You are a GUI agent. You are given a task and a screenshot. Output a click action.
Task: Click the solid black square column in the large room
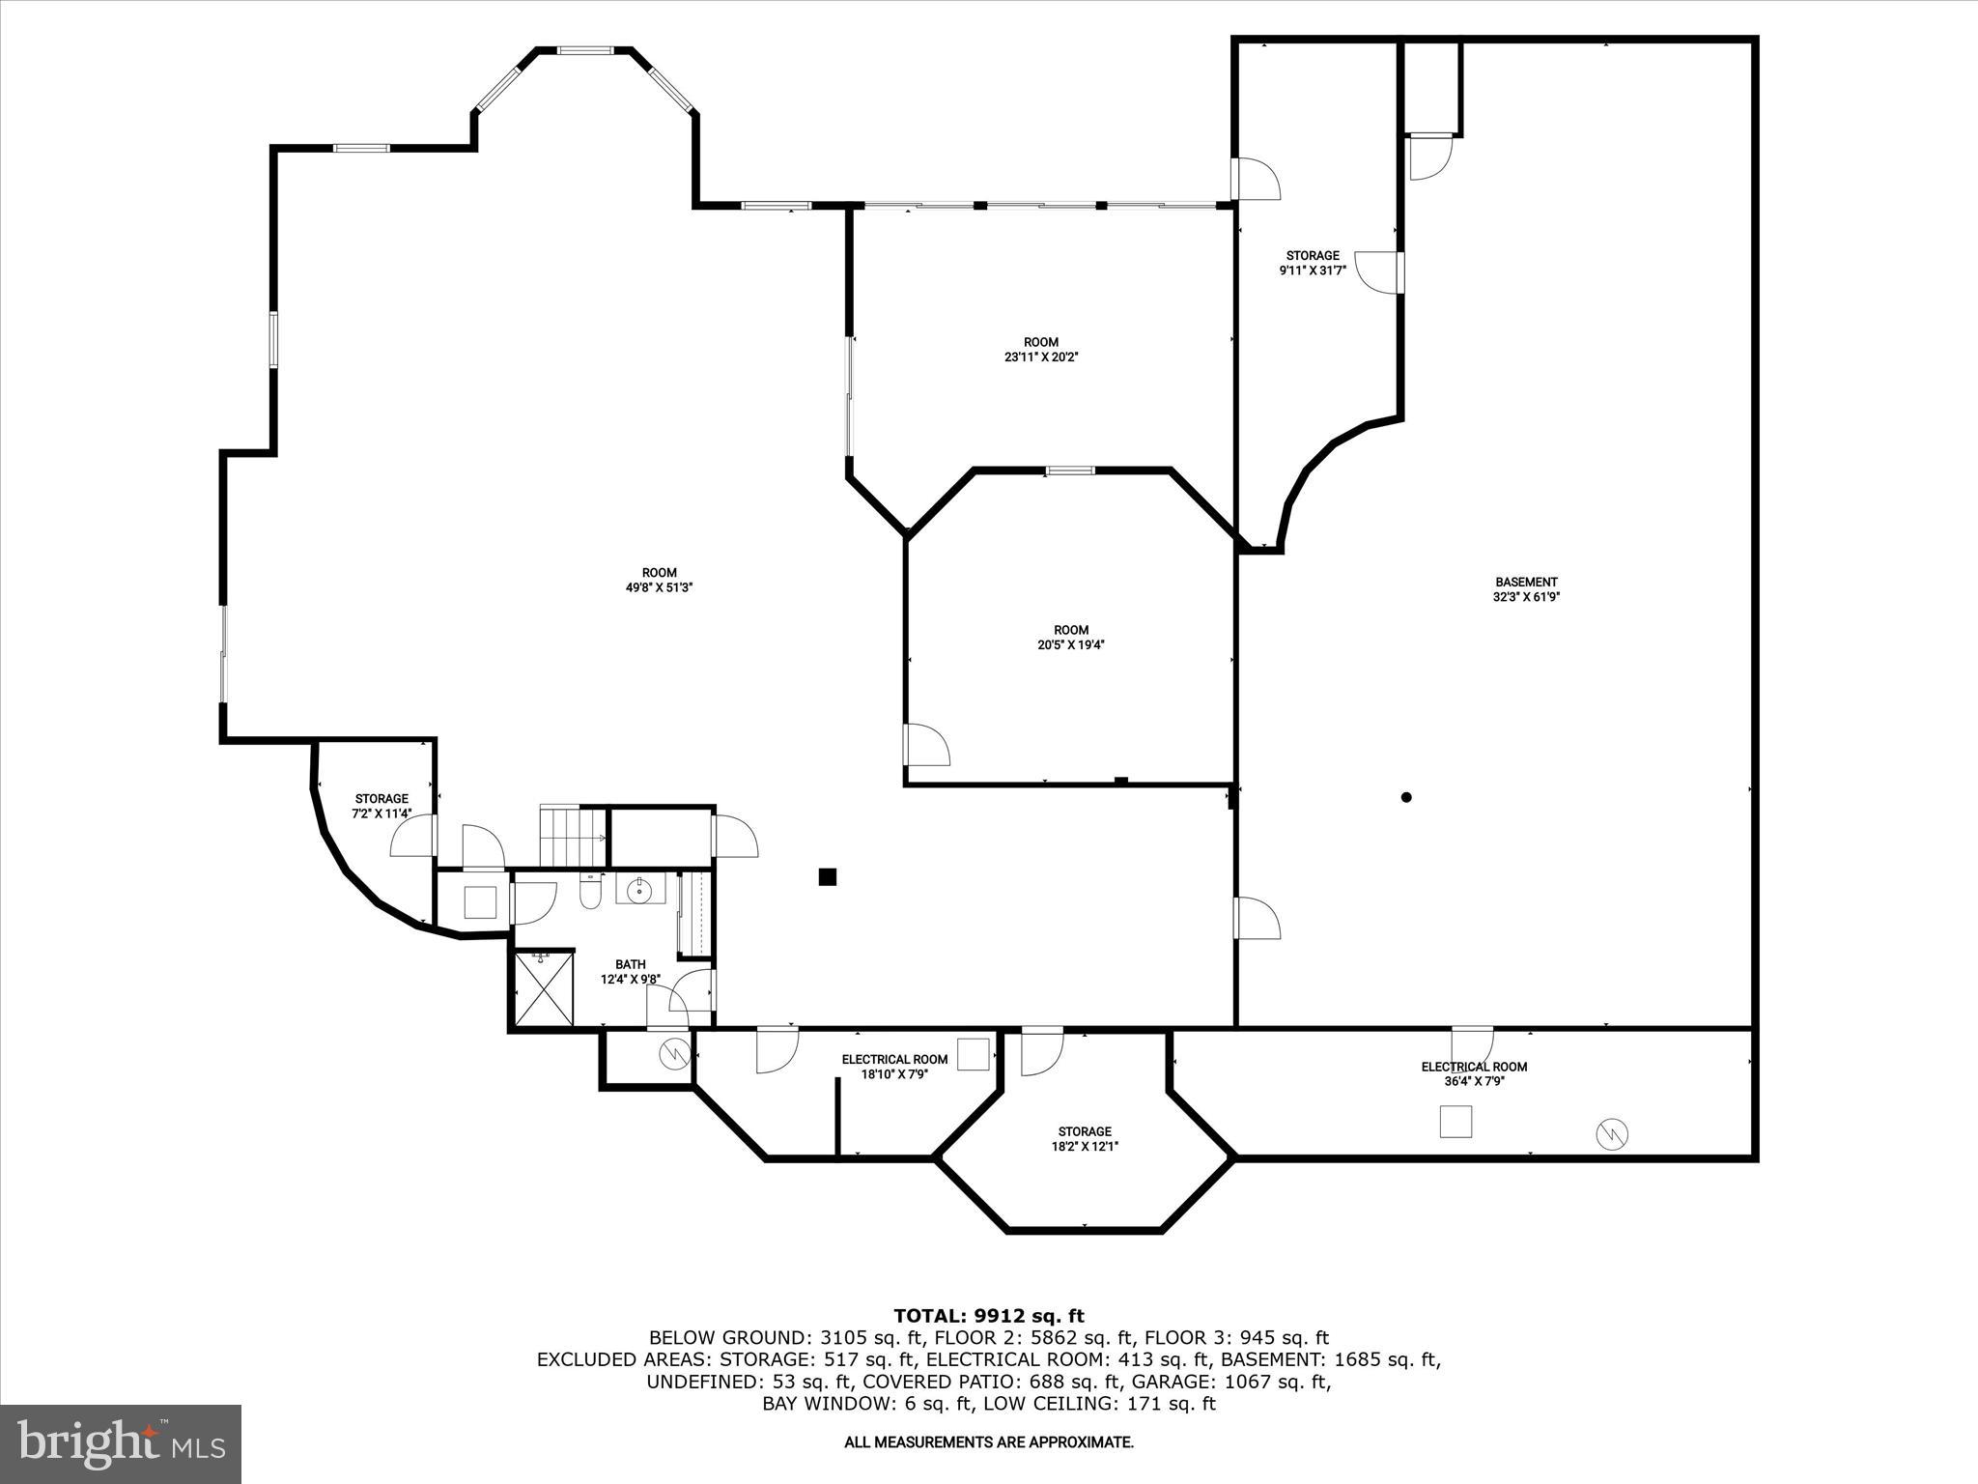[827, 876]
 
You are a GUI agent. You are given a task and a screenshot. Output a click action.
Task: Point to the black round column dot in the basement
[1406, 797]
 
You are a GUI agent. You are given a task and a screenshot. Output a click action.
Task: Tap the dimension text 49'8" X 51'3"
[660, 587]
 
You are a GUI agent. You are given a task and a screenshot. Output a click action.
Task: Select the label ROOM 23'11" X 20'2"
[1040, 349]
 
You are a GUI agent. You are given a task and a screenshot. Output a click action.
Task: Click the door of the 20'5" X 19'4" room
[924, 746]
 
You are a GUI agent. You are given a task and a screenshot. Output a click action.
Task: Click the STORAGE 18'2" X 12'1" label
[1084, 1138]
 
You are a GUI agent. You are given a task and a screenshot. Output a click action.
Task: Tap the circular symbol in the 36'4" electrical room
[1613, 1133]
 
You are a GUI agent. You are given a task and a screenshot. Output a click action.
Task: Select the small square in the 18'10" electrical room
[973, 1054]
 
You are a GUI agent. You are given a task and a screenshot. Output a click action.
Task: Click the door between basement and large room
[1256, 918]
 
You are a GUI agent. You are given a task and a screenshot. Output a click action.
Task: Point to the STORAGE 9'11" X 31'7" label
[1313, 263]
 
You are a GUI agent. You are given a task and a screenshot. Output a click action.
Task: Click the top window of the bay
[584, 49]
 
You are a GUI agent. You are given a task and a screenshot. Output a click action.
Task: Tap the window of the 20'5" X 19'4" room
[1070, 471]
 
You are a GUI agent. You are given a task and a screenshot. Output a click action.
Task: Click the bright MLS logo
[121, 1443]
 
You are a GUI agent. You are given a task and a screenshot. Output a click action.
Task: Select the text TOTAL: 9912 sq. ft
[988, 1315]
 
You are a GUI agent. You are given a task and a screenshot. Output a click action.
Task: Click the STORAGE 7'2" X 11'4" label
[381, 806]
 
